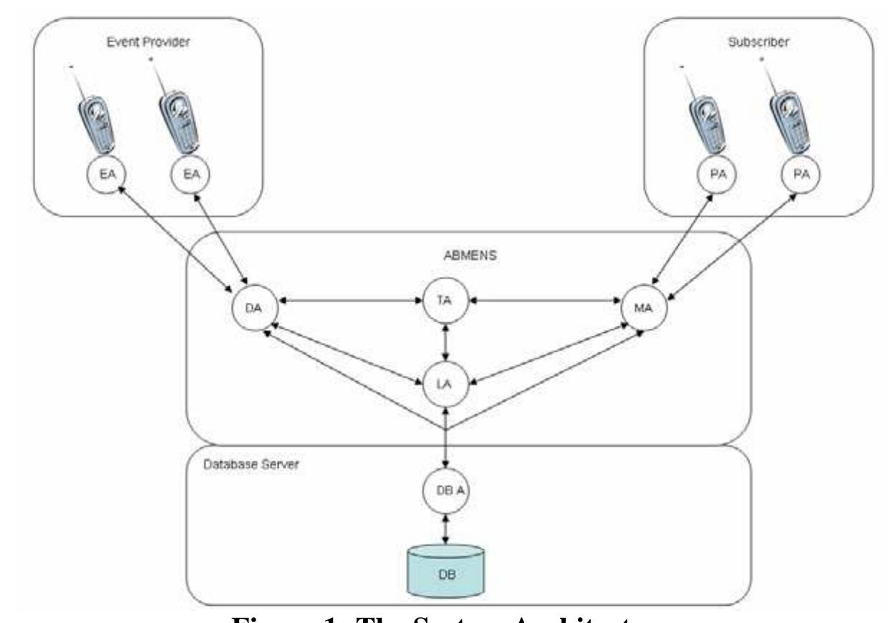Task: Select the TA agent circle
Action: (x=446, y=301)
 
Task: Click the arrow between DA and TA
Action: (x=350, y=301)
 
